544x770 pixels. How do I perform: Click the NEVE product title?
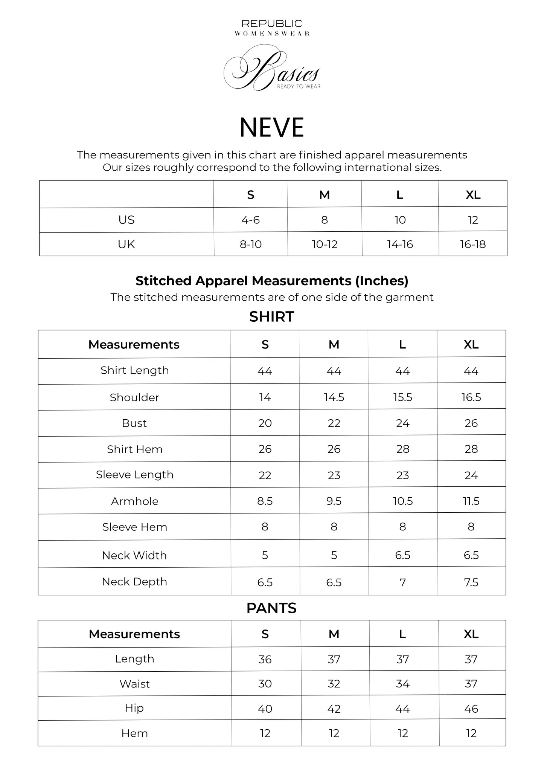point(271,127)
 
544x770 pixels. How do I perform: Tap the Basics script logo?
point(272,69)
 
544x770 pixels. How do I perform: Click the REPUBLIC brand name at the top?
point(272,24)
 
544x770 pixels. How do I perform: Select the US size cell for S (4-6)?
point(251,220)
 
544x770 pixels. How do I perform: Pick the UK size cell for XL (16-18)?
point(473,244)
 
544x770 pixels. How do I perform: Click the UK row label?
point(126,244)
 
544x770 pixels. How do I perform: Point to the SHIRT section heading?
point(271,317)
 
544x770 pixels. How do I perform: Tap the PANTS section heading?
point(271,608)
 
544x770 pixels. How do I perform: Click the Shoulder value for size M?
point(334,397)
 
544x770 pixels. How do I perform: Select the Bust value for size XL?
point(471,423)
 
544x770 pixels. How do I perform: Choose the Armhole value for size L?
point(403,501)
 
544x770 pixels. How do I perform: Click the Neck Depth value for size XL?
point(471,582)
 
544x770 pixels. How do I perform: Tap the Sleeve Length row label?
point(134,475)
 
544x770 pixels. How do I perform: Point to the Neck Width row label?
point(134,555)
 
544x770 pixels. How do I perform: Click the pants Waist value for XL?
point(471,684)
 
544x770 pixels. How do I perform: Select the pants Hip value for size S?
point(265,709)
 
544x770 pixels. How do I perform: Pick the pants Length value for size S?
point(265,659)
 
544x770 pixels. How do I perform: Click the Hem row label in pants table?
point(134,733)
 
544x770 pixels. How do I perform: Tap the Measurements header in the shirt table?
point(134,345)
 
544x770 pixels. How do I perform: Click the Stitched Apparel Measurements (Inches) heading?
point(272,281)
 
